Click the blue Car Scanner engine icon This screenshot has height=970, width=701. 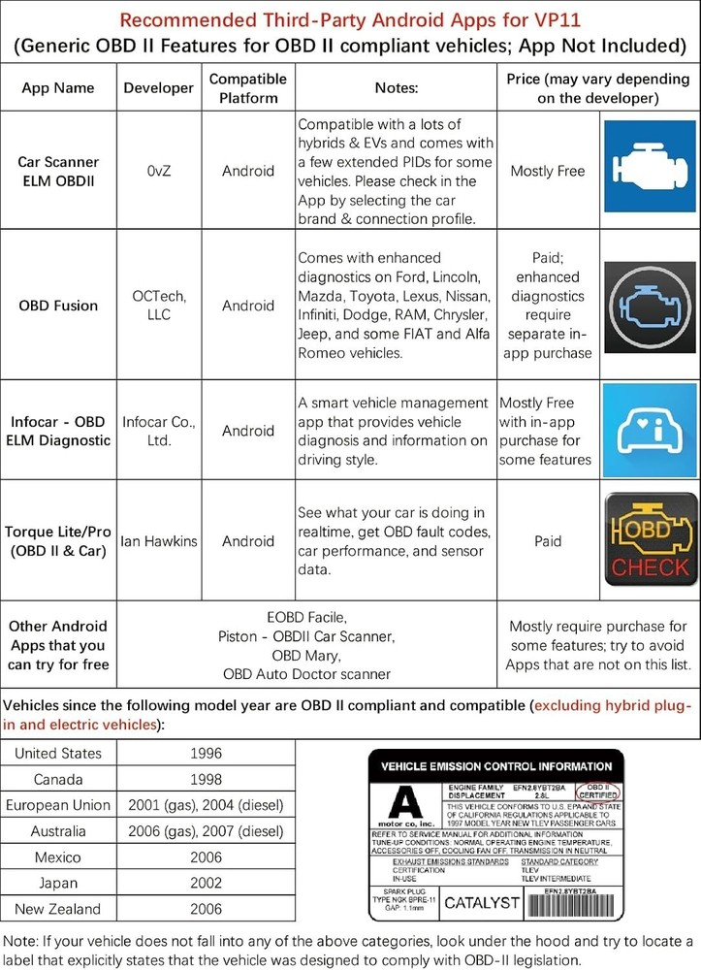(x=647, y=170)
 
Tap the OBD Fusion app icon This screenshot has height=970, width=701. (x=647, y=305)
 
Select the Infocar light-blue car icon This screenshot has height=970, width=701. (x=647, y=431)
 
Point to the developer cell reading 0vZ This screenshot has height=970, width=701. (x=159, y=171)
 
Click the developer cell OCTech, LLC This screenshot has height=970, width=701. (x=159, y=306)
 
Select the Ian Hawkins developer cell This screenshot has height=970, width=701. (x=159, y=541)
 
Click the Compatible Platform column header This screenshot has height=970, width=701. (x=248, y=87)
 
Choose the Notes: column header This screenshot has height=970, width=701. (x=396, y=87)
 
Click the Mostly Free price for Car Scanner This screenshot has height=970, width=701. (x=548, y=171)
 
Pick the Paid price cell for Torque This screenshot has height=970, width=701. (x=548, y=541)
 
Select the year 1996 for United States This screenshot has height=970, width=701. (x=206, y=753)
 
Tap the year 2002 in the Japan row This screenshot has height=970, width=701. (x=206, y=883)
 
